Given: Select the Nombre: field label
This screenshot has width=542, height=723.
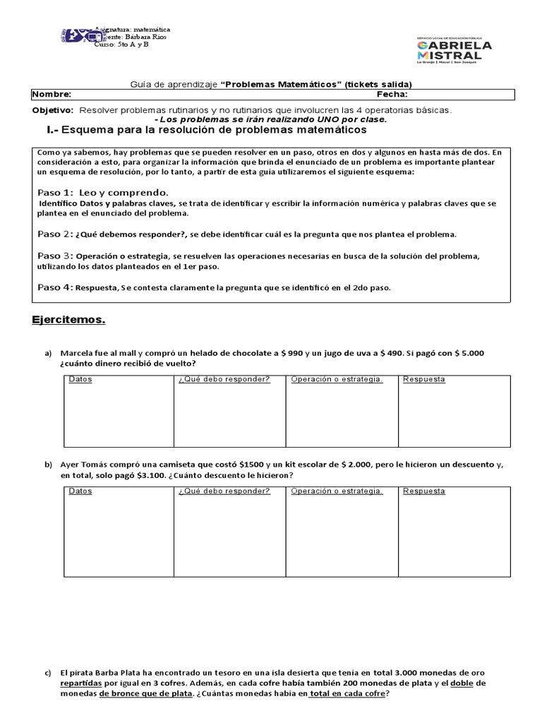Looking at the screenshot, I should click(52, 94).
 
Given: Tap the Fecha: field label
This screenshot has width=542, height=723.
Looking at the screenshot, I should click(392, 94).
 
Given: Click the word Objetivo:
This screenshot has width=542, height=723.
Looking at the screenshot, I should click(53, 111).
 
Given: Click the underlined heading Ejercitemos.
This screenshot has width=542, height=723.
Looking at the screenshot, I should click(68, 320).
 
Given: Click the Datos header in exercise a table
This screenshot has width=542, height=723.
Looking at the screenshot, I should click(80, 379).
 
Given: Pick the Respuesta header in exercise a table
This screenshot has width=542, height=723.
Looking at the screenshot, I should click(423, 379).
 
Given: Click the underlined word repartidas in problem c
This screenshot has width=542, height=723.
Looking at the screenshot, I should click(80, 683).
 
